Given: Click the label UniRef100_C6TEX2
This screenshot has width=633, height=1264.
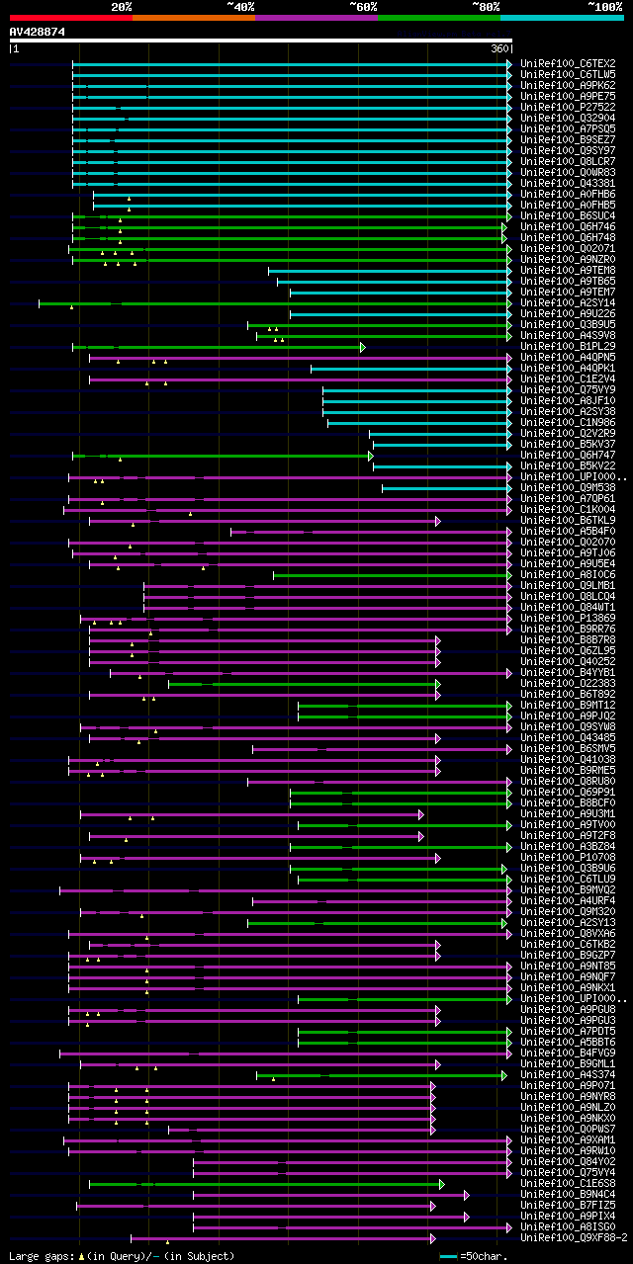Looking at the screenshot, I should click(x=567, y=63).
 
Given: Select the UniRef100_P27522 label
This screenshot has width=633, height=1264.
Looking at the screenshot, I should click(x=567, y=107).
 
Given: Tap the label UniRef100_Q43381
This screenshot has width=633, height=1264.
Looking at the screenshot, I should click(x=567, y=183).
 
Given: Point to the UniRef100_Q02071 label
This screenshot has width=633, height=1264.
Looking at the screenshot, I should click(x=567, y=248).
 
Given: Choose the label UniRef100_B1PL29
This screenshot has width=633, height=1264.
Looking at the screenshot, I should click(x=567, y=346).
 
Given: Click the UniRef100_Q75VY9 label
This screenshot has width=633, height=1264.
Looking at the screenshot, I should click(x=567, y=389).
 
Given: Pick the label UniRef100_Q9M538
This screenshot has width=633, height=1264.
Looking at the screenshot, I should click(x=567, y=487).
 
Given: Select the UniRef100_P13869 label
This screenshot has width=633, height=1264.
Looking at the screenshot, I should click(x=567, y=618).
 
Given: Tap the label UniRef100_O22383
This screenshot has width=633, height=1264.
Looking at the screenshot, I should click(x=567, y=683).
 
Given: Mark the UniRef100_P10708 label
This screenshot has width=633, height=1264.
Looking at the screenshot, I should click(x=567, y=857).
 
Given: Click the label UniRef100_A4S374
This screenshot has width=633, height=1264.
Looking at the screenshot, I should click(x=567, y=1074).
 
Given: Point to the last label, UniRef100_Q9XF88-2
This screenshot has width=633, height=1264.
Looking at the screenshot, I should click(x=574, y=1237).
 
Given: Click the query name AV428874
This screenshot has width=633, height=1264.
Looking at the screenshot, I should click(x=38, y=32).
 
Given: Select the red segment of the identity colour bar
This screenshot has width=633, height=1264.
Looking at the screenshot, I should click(x=70, y=18).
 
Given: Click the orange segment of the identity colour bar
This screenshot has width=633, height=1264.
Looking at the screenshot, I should click(x=193, y=18).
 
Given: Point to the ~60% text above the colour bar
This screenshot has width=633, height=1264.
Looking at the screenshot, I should click(x=363, y=6).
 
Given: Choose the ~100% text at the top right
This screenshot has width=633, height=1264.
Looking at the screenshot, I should click(x=605, y=6).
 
